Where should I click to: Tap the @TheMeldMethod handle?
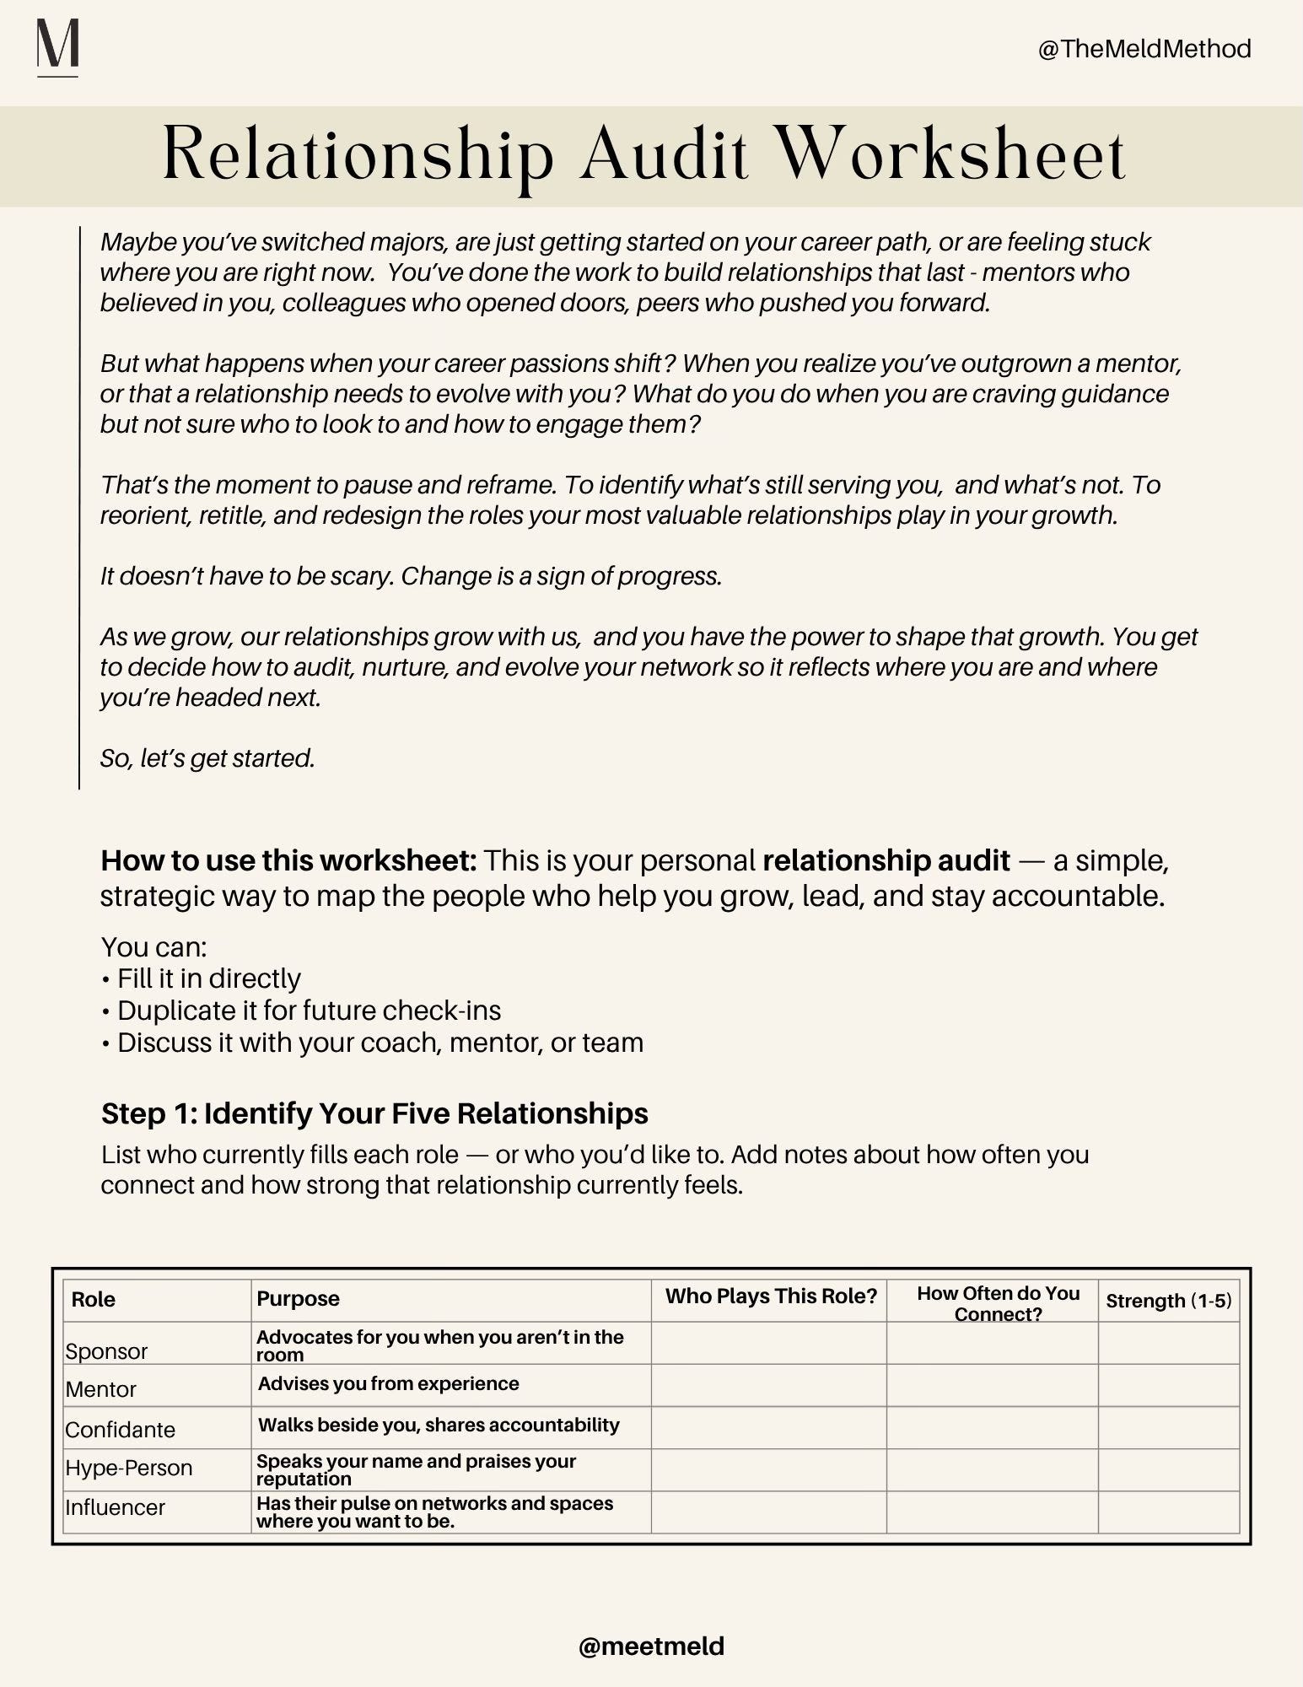point(1144,49)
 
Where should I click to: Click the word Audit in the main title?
point(664,154)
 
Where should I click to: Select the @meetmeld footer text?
point(651,1646)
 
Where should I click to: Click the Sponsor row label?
point(106,1350)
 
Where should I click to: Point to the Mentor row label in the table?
point(100,1388)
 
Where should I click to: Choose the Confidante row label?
point(120,1429)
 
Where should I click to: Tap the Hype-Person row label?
point(128,1468)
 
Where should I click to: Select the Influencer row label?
point(115,1506)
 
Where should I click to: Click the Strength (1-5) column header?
point(1168,1300)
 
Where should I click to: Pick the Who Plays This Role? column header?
point(771,1296)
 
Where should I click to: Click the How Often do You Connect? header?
point(998,1303)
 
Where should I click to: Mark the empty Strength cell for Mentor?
point(1168,1385)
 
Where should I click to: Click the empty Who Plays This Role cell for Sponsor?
point(768,1343)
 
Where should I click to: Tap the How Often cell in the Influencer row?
point(992,1512)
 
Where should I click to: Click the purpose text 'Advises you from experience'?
point(388,1383)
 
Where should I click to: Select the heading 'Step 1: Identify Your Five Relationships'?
point(374,1113)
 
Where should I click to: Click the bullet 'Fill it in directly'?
point(208,978)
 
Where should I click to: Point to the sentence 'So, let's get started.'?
point(207,758)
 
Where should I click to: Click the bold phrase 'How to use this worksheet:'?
point(288,860)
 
